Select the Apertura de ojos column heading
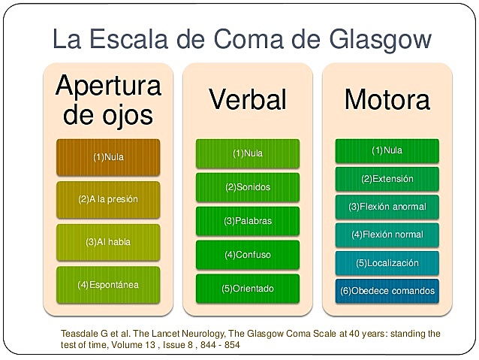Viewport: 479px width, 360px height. click(x=108, y=101)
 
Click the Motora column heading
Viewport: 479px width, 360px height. click(x=387, y=99)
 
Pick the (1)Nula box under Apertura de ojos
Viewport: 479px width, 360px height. click(x=108, y=158)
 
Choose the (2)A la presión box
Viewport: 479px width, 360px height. click(x=108, y=200)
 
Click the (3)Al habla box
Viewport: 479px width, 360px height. click(x=108, y=242)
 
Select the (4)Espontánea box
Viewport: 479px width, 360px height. click(x=108, y=285)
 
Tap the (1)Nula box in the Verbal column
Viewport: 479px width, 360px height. click(x=248, y=153)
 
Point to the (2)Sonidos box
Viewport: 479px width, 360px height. click(x=248, y=186)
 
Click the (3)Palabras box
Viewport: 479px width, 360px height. click(x=248, y=221)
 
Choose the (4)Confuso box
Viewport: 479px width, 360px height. click(x=248, y=255)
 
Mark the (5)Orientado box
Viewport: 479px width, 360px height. click(x=248, y=289)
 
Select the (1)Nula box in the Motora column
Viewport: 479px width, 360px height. click(x=387, y=151)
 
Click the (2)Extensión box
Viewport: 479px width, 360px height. click(x=387, y=179)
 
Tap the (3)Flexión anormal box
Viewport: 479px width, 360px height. click(x=387, y=207)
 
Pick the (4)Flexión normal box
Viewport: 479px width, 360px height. click(x=387, y=234)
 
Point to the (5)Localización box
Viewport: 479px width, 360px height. click(x=387, y=263)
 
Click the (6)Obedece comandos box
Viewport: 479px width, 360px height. click(x=387, y=291)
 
